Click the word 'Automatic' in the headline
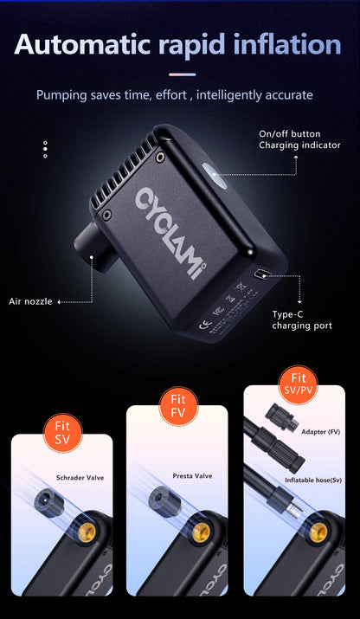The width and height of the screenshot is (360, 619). click(x=82, y=44)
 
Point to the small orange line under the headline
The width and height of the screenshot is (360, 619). click(x=180, y=74)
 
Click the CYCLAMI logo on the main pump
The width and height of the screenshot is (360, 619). click(x=171, y=233)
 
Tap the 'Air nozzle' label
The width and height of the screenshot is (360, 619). click(x=30, y=301)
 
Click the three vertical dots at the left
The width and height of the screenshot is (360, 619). click(x=45, y=150)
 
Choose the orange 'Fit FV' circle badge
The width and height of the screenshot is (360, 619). click(x=177, y=407)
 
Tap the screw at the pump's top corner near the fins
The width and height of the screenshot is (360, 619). click(x=159, y=158)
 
